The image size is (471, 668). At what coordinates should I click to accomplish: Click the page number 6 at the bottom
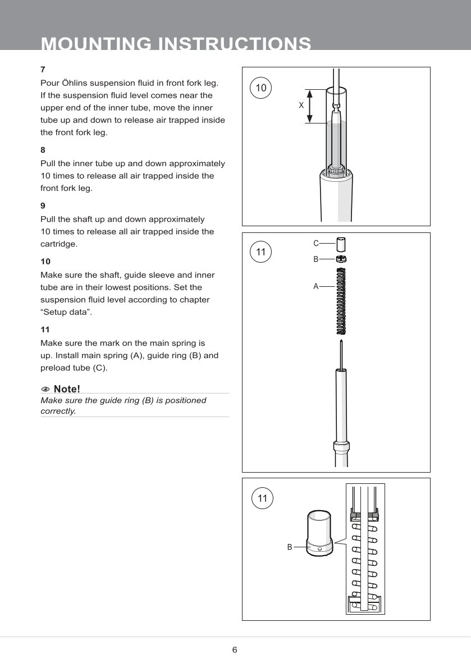235,650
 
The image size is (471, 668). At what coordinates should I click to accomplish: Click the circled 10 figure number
261,88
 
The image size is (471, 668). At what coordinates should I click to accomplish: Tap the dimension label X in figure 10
301,105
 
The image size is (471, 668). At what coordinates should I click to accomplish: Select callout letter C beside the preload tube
316,243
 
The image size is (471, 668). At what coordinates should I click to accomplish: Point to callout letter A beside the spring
316,286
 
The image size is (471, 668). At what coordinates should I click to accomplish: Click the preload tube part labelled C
341,245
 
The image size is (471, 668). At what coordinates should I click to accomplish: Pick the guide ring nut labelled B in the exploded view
340,259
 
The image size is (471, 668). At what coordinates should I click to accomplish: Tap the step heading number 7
43,70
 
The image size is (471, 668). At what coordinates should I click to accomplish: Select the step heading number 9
43,205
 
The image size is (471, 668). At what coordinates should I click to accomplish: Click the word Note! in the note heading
67,389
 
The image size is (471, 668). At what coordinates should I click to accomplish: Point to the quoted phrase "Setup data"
66,312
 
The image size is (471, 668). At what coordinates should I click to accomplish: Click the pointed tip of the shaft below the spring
340,341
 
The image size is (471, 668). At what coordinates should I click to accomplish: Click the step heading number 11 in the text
45,330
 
